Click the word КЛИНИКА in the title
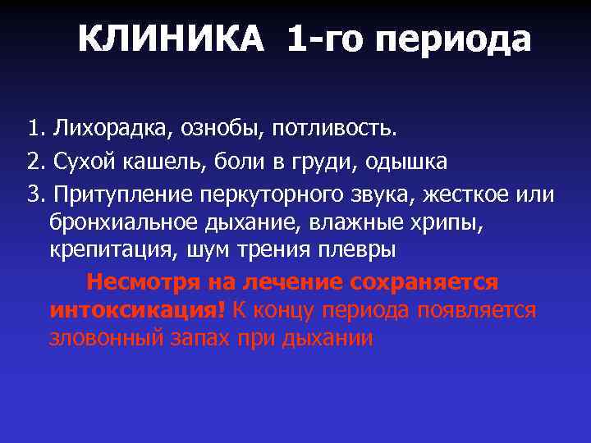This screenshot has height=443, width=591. [x=172, y=39]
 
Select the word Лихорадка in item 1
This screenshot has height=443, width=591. [x=104, y=128]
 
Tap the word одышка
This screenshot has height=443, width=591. [x=401, y=162]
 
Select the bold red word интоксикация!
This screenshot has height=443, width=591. [x=138, y=310]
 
